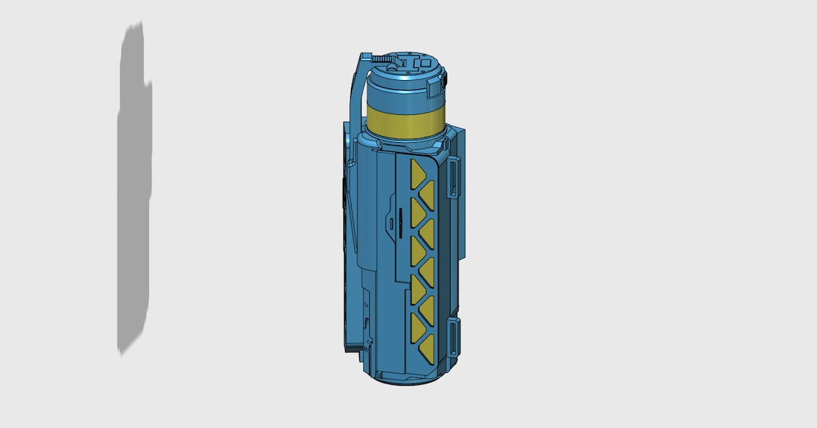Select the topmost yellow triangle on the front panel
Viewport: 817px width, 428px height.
(420, 175)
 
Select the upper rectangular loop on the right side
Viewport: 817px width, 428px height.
(454, 178)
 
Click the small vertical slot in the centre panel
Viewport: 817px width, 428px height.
(390, 224)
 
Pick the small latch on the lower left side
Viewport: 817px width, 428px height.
(367, 323)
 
